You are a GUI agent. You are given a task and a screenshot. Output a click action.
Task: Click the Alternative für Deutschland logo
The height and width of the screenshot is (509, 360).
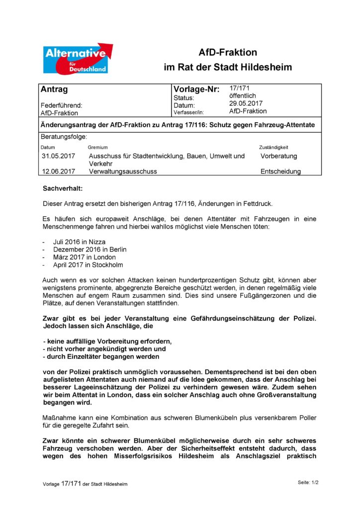click(77, 59)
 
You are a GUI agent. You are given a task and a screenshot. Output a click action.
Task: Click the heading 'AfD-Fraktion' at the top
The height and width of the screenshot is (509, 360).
click(228, 52)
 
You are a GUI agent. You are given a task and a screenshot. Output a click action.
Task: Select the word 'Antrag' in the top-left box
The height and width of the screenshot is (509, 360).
click(54, 90)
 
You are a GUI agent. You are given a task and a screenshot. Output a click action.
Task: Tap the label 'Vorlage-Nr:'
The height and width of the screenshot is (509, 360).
click(196, 90)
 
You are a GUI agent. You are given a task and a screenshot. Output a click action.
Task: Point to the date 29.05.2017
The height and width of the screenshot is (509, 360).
click(246, 103)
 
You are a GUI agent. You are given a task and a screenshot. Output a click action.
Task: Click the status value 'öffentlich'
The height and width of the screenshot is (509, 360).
click(243, 96)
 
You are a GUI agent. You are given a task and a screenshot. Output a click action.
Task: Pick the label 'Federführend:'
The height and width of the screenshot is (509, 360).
click(61, 105)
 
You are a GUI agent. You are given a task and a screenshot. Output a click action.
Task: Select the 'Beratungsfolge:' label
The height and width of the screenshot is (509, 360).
click(63, 136)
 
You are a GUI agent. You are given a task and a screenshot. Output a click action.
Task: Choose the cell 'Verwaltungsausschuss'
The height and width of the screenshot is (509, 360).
click(123, 171)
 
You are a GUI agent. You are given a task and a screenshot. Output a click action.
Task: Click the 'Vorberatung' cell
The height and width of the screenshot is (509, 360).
click(278, 156)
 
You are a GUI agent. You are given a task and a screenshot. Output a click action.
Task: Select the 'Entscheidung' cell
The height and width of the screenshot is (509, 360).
click(280, 171)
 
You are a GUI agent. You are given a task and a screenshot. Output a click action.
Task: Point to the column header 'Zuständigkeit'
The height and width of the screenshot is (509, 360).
click(273, 148)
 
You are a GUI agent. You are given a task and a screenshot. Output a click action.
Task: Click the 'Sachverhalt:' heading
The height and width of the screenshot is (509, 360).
click(63, 189)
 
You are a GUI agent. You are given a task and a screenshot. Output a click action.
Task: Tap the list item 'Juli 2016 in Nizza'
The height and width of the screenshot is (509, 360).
click(79, 242)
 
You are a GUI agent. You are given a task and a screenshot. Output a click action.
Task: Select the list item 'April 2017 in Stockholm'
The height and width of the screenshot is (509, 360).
click(88, 265)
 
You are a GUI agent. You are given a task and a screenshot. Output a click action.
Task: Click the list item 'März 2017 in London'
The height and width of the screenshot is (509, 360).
click(85, 257)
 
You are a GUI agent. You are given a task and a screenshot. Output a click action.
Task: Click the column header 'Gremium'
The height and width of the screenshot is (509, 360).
click(97, 148)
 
